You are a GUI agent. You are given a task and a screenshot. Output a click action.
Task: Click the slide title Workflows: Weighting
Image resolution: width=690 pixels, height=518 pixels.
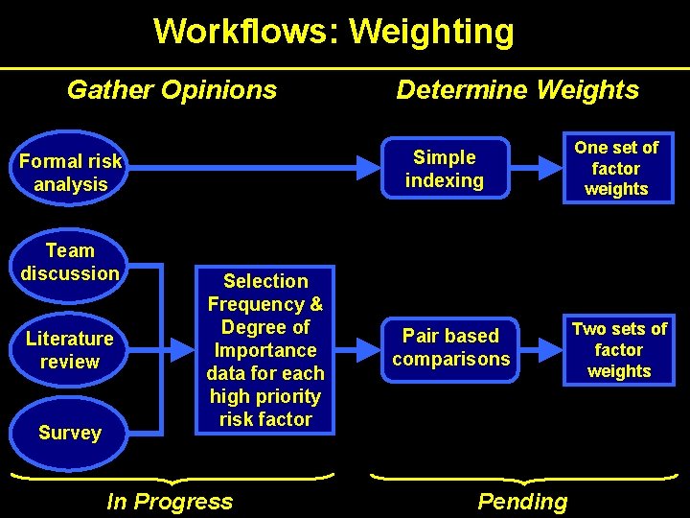333,32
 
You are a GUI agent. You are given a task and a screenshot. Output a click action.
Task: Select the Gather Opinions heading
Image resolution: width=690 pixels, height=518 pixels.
172,90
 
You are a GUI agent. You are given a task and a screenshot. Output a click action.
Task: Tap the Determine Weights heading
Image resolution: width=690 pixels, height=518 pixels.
517,90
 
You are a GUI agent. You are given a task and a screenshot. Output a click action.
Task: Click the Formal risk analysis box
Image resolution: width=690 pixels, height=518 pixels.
71,173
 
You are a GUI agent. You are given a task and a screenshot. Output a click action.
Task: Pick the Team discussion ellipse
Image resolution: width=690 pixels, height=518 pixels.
70,262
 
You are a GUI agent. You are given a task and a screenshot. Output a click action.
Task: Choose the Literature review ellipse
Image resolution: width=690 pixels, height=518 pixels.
69,350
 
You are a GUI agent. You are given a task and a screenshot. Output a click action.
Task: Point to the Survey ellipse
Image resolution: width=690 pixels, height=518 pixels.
69,433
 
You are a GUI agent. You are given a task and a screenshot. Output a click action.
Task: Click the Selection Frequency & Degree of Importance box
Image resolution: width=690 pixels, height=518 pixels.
265,350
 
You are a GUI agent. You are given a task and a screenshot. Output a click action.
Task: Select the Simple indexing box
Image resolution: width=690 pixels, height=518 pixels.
444,169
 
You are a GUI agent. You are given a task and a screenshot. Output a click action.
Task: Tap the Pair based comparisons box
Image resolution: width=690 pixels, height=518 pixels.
450,347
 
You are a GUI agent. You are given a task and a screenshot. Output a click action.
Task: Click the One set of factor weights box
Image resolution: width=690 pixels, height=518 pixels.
616,169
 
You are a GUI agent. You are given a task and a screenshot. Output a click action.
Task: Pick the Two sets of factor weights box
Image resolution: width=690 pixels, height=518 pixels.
619,350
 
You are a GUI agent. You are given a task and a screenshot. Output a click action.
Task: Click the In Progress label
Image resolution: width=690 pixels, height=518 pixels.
170,501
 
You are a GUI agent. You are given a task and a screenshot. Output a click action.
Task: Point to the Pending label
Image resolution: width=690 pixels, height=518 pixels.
522,501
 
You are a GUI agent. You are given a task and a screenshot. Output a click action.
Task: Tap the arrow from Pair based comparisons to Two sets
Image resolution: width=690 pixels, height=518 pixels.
542,349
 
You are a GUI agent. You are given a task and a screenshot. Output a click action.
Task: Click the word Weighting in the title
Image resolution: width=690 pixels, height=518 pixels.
431,32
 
